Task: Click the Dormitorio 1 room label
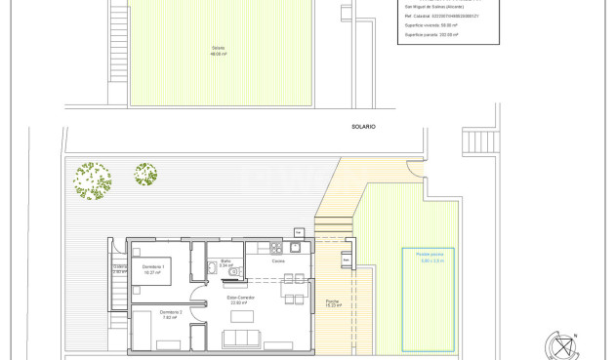point(153,268)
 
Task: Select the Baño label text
point(225,262)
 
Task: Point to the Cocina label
point(278,261)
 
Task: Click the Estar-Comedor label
point(240,300)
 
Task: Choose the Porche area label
point(332,302)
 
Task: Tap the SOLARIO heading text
point(363,127)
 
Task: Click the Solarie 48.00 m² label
point(218,51)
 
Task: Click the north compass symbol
point(563,345)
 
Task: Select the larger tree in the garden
point(94,180)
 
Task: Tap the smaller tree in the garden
point(145,176)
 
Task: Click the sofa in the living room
point(242,339)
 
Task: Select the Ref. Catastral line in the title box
point(440,16)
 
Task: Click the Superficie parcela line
point(430,34)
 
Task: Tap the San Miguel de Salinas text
point(433,7)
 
